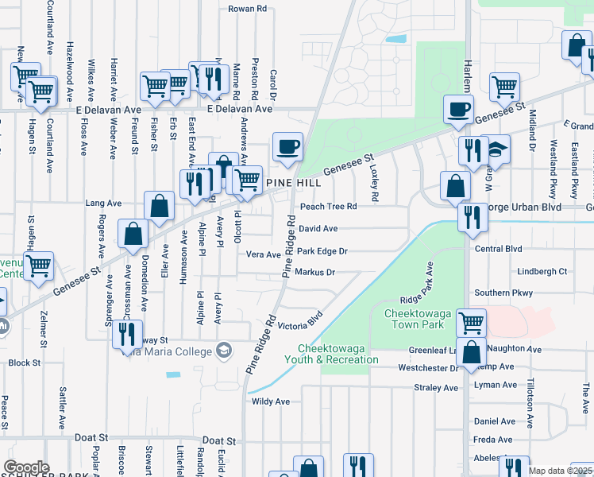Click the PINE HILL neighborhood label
(x=293, y=183)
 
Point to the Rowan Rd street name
(x=247, y=9)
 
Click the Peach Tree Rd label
(x=328, y=207)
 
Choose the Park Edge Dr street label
(x=322, y=251)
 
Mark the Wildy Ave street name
(x=269, y=402)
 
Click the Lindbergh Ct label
(x=542, y=271)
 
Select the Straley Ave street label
(x=436, y=388)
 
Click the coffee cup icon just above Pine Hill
(x=287, y=146)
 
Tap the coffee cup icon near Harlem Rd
(x=457, y=108)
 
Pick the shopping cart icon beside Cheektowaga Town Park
(x=471, y=321)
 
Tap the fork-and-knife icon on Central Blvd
(x=472, y=215)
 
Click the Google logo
(x=25, y=467)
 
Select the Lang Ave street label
(x=102, y=204)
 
